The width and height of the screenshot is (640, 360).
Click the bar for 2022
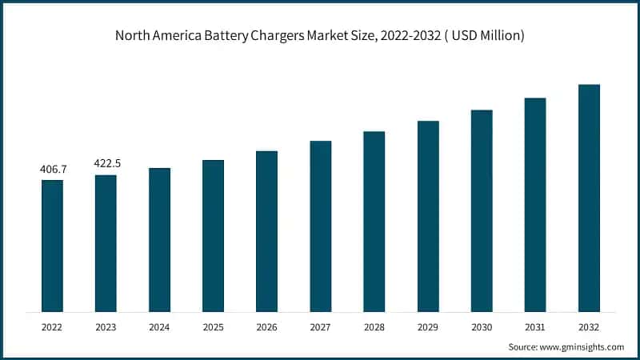pos(52,246)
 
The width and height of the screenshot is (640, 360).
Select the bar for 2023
pos(106,243)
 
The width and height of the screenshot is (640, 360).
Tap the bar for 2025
pos(213,236)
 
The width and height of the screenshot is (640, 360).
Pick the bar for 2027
pos(321,226)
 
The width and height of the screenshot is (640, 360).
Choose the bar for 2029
pos(428,216)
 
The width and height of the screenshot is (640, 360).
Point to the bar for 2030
pos(482,210)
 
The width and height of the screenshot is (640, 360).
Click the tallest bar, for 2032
pos(589,198)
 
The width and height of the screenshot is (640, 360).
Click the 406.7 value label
pos(53,170)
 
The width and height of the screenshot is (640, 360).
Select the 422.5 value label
pos(107,163)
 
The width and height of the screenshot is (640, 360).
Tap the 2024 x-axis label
pos(159,327)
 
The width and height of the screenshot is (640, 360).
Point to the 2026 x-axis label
pos(266,327)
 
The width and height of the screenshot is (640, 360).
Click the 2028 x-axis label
pos(374,327)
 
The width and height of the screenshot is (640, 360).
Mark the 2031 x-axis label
pos(535,327)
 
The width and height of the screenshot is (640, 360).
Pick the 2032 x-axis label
pos(589,327)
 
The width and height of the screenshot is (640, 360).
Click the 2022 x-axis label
pos(52,327)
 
